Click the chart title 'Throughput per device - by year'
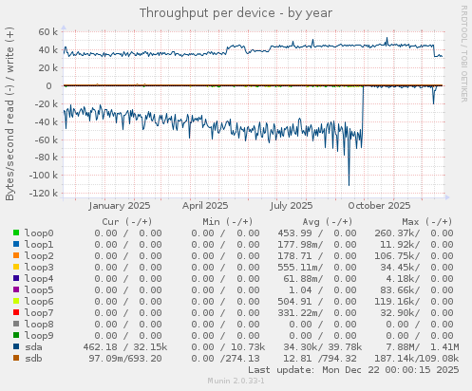236,12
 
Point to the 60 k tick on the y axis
45,32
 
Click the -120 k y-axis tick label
41,193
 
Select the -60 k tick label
43,140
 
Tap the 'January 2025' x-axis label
120,205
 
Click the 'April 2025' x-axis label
205,205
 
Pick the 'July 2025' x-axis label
292,205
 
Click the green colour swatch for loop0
16,233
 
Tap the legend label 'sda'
33,346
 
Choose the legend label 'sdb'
33,358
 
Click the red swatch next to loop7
16,312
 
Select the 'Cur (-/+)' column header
128,221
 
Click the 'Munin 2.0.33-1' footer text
236,381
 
